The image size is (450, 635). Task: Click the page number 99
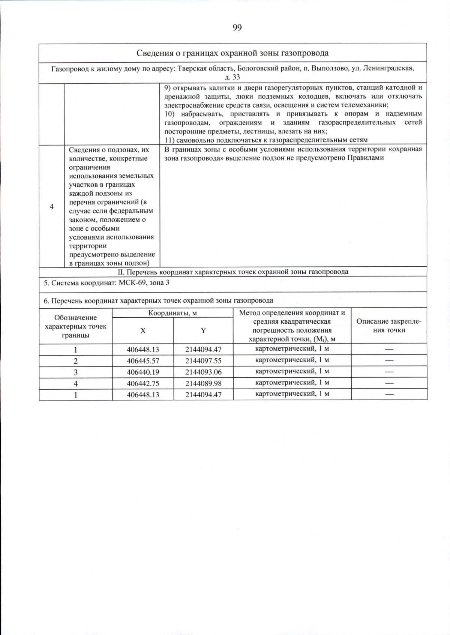[237, 28]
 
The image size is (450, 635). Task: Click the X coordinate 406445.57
[143, 361]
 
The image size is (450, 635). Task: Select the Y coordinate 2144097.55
[203, 361]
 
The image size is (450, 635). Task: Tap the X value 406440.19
[143, 372]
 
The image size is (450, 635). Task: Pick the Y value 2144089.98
[203, 383]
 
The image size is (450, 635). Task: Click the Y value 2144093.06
[203, 372]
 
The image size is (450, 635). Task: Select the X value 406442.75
[143, 383]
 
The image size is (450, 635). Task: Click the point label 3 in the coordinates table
[76, 372]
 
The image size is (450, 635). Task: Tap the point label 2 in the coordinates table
[76, 361]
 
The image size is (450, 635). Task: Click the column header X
[143, 330]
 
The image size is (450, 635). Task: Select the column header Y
[203, 330]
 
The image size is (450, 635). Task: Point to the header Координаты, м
[172, 313]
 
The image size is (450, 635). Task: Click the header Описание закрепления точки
[389, 326]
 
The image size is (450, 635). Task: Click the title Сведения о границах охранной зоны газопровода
[232, 53]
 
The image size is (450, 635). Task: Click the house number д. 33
[232, 77]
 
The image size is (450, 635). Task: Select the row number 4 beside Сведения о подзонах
[52, 206]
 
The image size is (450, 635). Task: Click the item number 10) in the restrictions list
[170, 114]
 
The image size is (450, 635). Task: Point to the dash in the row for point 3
[389, 372]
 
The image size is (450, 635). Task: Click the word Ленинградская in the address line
[388, 69]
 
